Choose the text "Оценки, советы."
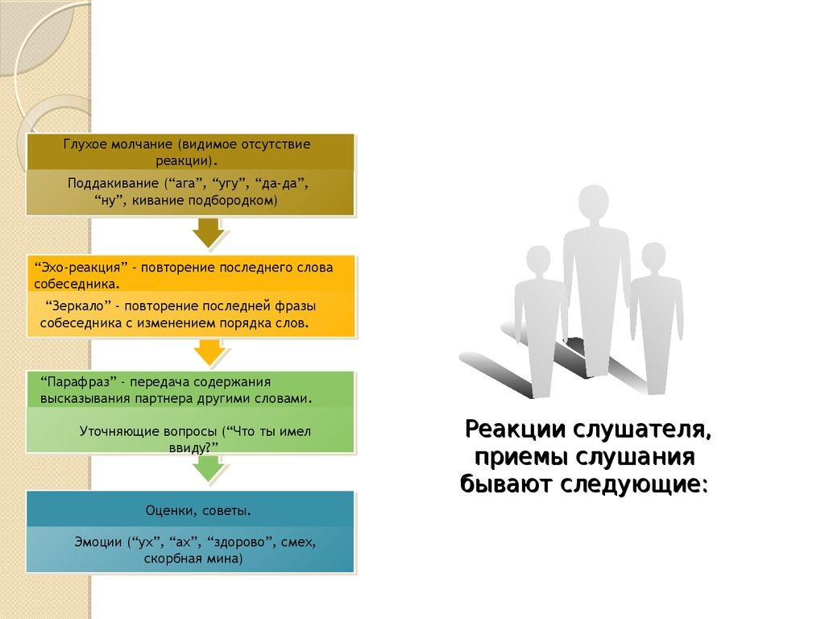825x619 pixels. click(x=198, y=511)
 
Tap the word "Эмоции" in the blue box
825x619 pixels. click(x=97, y=542)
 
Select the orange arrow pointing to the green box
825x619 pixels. click(x=209, y=351)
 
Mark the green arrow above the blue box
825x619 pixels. click(x=209, y=467)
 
